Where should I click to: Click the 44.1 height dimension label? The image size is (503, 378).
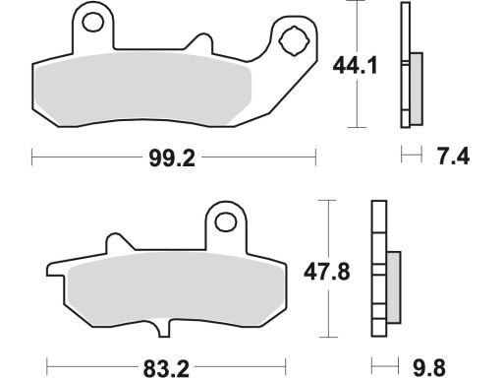click(356, 65)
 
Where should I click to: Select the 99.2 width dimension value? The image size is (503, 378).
click(172, 158)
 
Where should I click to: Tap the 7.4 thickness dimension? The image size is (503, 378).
click(454, 157)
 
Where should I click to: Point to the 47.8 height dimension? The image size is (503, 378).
click(327, 272)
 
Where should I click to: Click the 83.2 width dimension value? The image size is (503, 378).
click(166, 368)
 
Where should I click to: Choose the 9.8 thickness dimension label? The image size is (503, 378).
click(429, 367)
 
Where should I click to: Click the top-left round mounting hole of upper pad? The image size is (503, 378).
click(93, 23)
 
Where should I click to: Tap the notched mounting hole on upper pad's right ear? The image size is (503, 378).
click(294, 41)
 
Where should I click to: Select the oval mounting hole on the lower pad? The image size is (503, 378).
click(226, 221)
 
